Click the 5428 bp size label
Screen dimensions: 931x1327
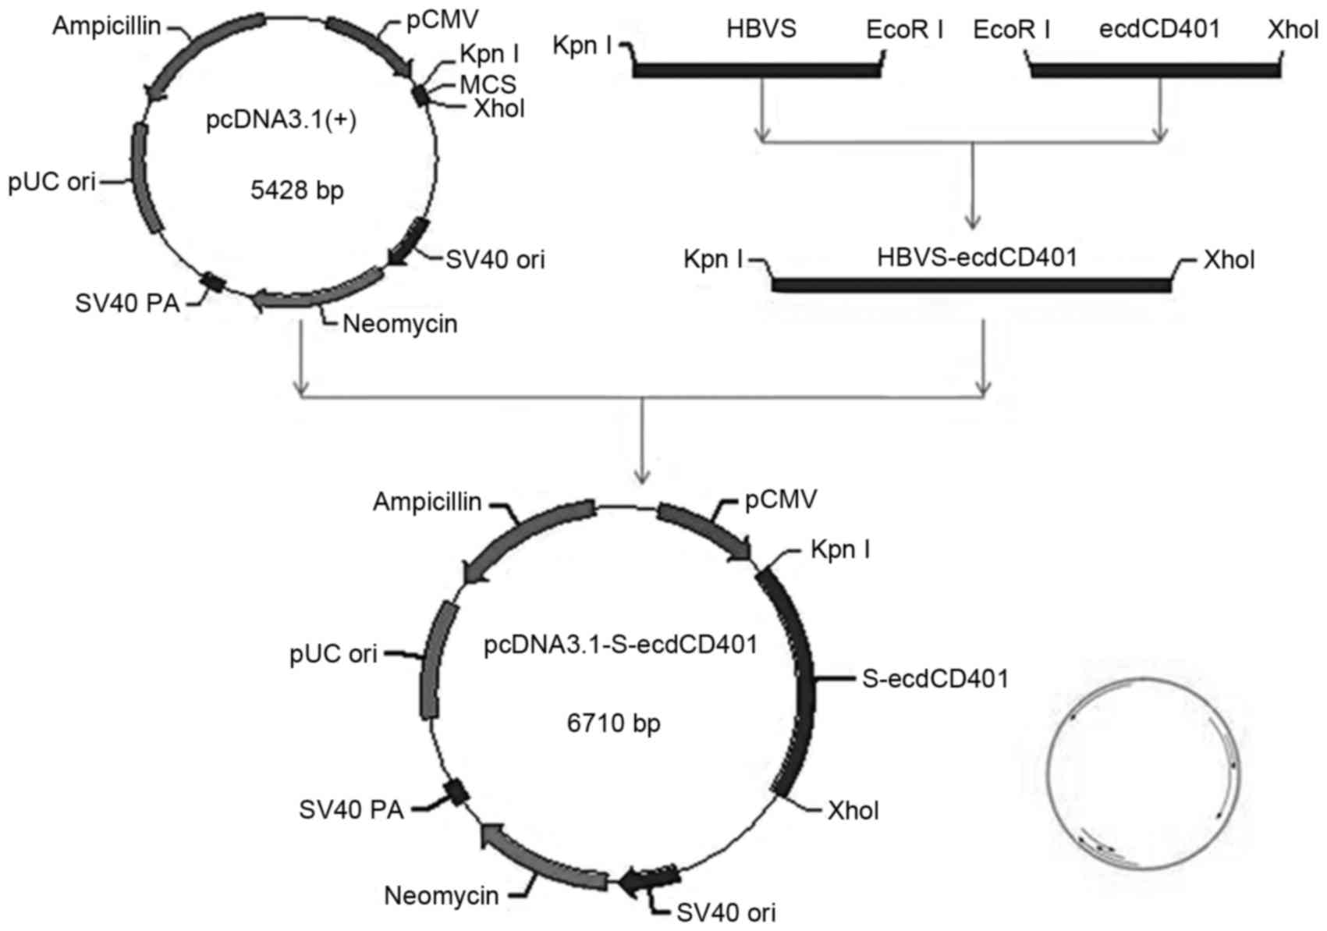pos(296,190)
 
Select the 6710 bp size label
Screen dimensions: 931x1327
pos(613,723)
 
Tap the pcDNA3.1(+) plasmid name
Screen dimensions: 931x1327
pos(281,123)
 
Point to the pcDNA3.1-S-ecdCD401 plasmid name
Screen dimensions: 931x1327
pos(620,645)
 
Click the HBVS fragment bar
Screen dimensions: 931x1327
pos(757,70)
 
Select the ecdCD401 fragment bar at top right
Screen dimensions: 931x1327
pos(1155,70)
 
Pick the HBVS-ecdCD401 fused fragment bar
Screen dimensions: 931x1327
pos(971,284)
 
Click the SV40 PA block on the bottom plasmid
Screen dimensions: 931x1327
pos(455,793)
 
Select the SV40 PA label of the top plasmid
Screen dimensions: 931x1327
pos(127,303)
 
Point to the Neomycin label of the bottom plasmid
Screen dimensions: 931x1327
pos(442,896)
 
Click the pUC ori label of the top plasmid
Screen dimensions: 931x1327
pos(52,183)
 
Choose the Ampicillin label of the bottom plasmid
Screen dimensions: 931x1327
pos(427,502)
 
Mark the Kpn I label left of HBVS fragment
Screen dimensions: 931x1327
pos(582,46)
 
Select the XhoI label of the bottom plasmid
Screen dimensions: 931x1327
pos(853,811)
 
